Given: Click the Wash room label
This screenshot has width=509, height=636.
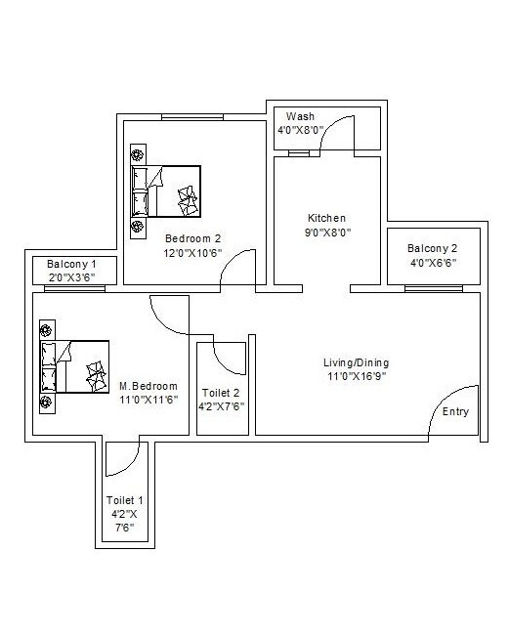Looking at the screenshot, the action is (x=300, y=116).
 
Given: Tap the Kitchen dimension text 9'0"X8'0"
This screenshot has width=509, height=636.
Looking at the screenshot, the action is (x=327, y=233).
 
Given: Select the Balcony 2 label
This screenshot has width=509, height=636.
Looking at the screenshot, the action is (x=433, y=248).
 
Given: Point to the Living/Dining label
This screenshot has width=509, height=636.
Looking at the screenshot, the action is (x=356, y=362).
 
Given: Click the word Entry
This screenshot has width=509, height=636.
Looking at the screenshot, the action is (x=455, y=411).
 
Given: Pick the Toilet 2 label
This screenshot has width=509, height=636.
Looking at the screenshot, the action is (x=221, y=393).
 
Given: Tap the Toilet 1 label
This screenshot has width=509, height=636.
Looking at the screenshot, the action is (x=124, y=500).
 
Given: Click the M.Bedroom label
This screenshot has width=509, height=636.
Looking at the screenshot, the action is (x=148, y=386).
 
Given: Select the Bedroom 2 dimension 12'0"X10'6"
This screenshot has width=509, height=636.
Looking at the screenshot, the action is (x=192, y=253).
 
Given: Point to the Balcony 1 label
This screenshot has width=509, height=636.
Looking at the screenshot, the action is (x=71, y=264).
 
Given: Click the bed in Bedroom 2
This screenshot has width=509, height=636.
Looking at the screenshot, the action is (x=165, y=191).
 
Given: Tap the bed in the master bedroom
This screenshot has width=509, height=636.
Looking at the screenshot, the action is (x=74, y=366).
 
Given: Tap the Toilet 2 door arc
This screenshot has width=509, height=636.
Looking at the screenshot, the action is (x=222, y=365).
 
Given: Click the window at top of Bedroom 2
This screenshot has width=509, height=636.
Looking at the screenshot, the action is (x=192, y=117).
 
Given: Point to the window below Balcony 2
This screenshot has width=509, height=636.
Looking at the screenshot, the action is (x=434, y=288).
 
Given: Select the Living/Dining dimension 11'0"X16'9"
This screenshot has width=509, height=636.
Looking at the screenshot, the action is (x=357, y=376).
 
